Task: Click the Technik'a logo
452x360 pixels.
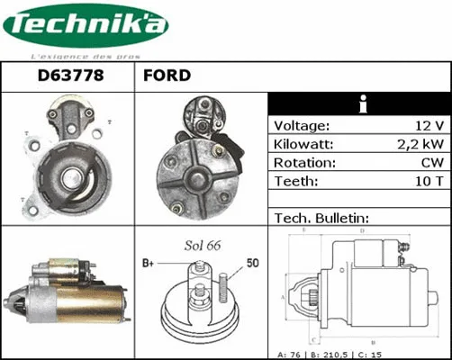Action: (85, 26)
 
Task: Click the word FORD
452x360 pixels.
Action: (167, 76)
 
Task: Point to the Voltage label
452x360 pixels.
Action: (302, 125)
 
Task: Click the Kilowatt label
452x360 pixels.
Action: (303, 144)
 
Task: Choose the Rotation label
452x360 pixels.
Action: (303, 163)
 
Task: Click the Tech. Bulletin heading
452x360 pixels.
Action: (321, 219)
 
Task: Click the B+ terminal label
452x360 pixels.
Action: (149, 264)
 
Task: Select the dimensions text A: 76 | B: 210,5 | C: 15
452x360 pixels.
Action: (360, 353)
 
